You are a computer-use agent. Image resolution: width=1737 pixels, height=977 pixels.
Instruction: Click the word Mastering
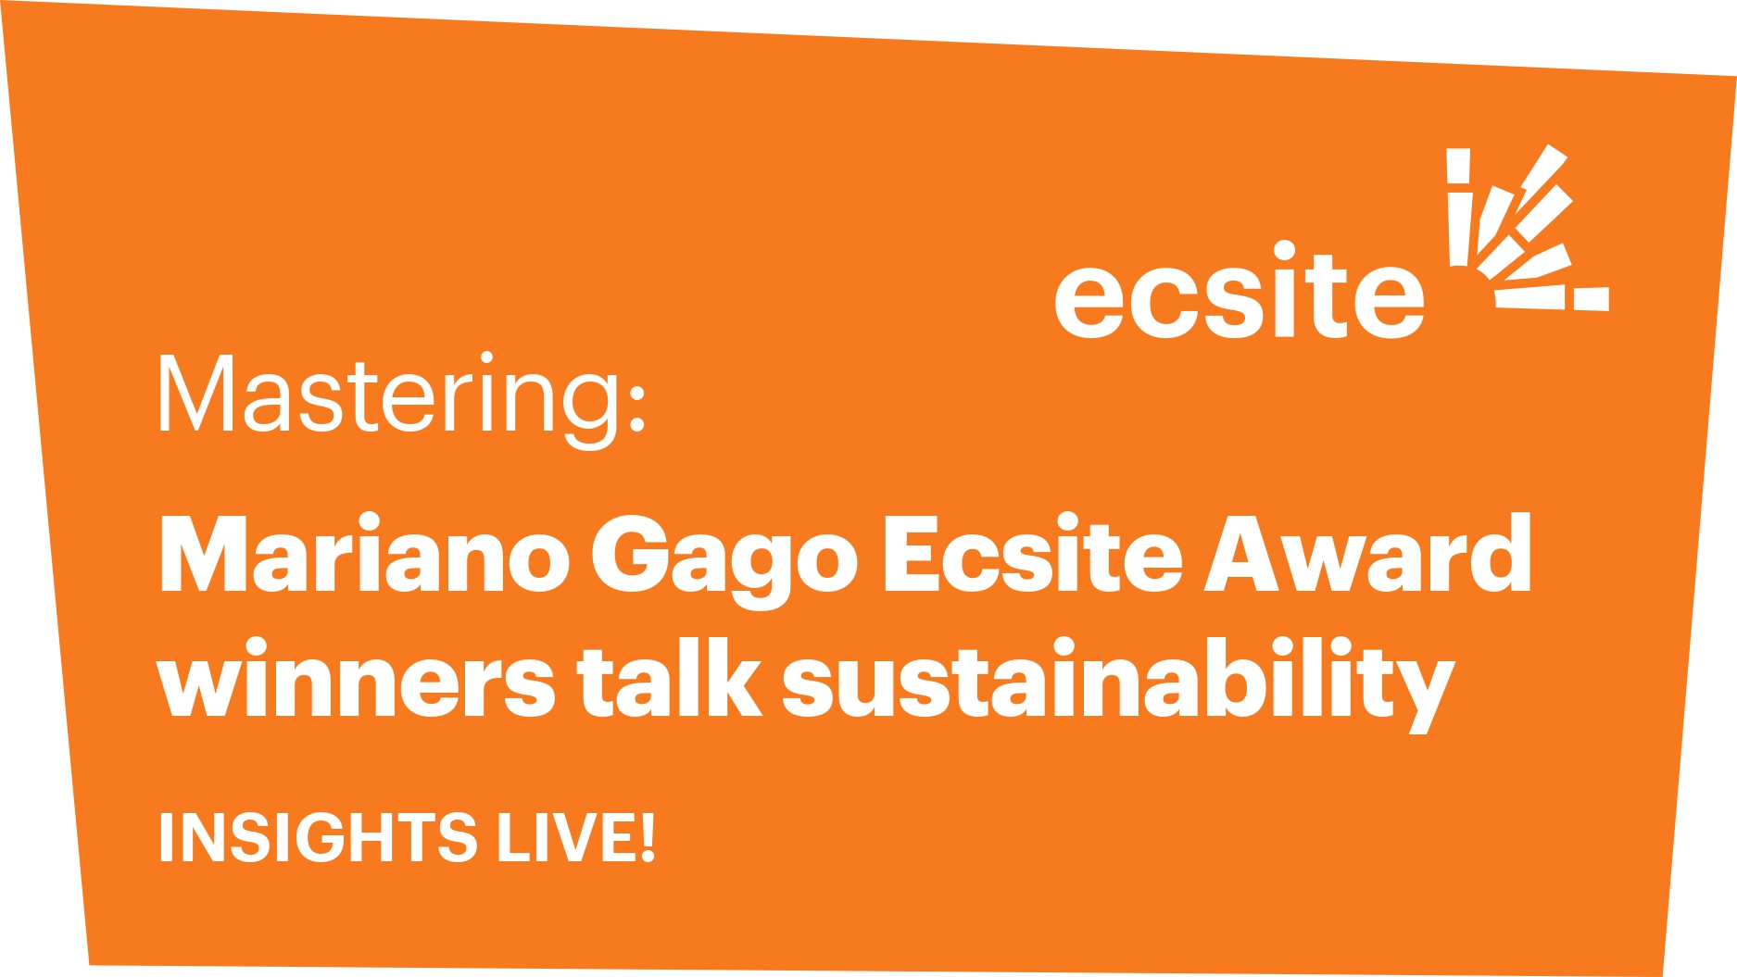coord(390,399)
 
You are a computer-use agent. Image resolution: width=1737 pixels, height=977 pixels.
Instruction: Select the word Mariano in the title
coord(364,553)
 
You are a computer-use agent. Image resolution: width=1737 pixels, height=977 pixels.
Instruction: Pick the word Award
coord(1367,553)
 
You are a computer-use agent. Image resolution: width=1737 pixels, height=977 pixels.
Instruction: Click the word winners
coord(356,678)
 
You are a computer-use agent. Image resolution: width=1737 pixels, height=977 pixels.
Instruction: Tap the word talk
coord(669,678)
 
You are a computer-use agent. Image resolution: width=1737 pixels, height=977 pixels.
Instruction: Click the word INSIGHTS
coord(318,837)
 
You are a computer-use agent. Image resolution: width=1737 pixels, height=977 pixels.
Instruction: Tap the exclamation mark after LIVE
coord(648,837)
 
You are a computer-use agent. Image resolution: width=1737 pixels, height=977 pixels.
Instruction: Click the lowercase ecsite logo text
coord(1240,291)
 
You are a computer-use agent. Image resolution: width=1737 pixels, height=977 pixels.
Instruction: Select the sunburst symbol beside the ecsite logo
coord(1528,228)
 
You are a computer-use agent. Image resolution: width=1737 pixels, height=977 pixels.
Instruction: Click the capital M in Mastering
coord(195,394)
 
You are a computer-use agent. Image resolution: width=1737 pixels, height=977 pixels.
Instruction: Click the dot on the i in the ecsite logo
coord(1284,251)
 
